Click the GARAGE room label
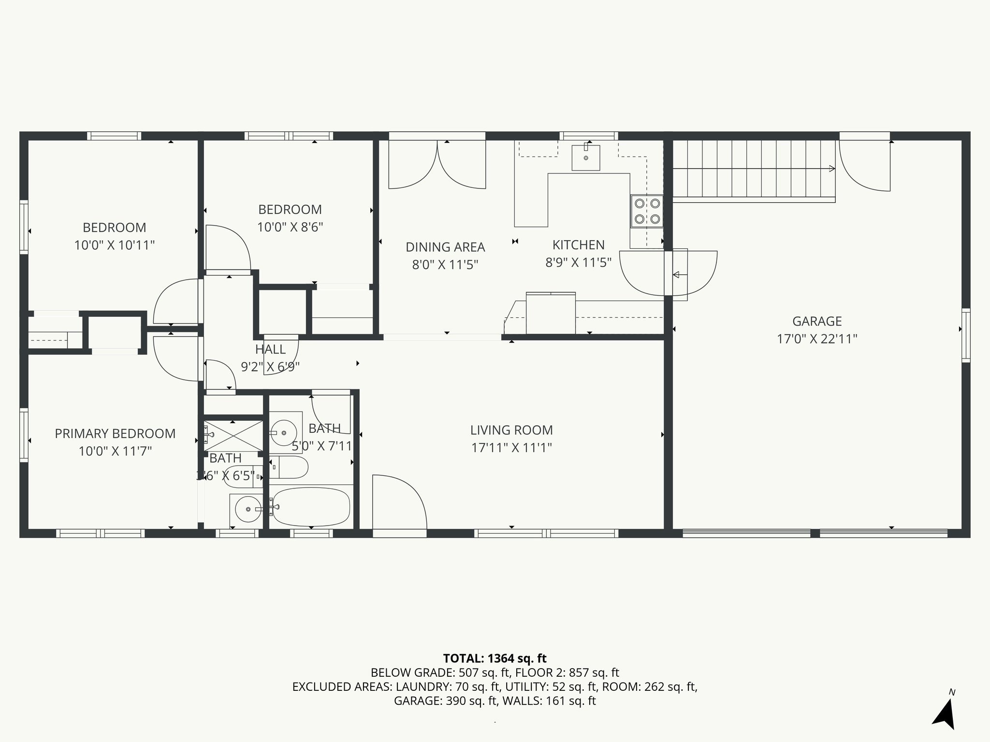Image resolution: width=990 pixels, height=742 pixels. [x=817, y=321]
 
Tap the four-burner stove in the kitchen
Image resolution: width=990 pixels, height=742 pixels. [x=647, y=211]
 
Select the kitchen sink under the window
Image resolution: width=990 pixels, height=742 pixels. [x=586, y=157]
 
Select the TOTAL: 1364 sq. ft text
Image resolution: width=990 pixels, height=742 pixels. [x=495, y=658]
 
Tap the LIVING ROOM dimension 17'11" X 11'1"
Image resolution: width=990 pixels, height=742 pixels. [x=511, y=448]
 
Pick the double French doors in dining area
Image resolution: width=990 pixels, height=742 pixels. [x=437, y=164]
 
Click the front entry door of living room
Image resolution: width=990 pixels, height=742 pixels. [x=399, y=502]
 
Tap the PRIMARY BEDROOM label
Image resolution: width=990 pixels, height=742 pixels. [x=115, y=433]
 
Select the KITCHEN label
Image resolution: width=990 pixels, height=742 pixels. [x=578, y=245]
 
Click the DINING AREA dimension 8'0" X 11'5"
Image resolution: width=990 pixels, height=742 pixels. [x=445, y=265]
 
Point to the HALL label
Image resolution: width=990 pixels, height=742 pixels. [x=270, y=349]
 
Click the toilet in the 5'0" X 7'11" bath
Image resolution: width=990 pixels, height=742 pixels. [x=289, y=467]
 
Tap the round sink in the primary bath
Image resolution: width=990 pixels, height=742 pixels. [x=247, y=509]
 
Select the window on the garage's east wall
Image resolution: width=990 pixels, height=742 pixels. [x=965, y=335]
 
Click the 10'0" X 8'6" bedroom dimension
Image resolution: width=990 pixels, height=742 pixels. [x=290, y=227]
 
